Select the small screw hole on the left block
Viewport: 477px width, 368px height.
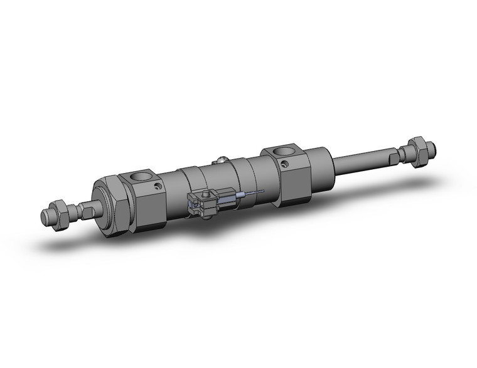pyautogui.click(x=158, y=186)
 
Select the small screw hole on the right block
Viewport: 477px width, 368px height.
pyautogui.click(x=285, y=164)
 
